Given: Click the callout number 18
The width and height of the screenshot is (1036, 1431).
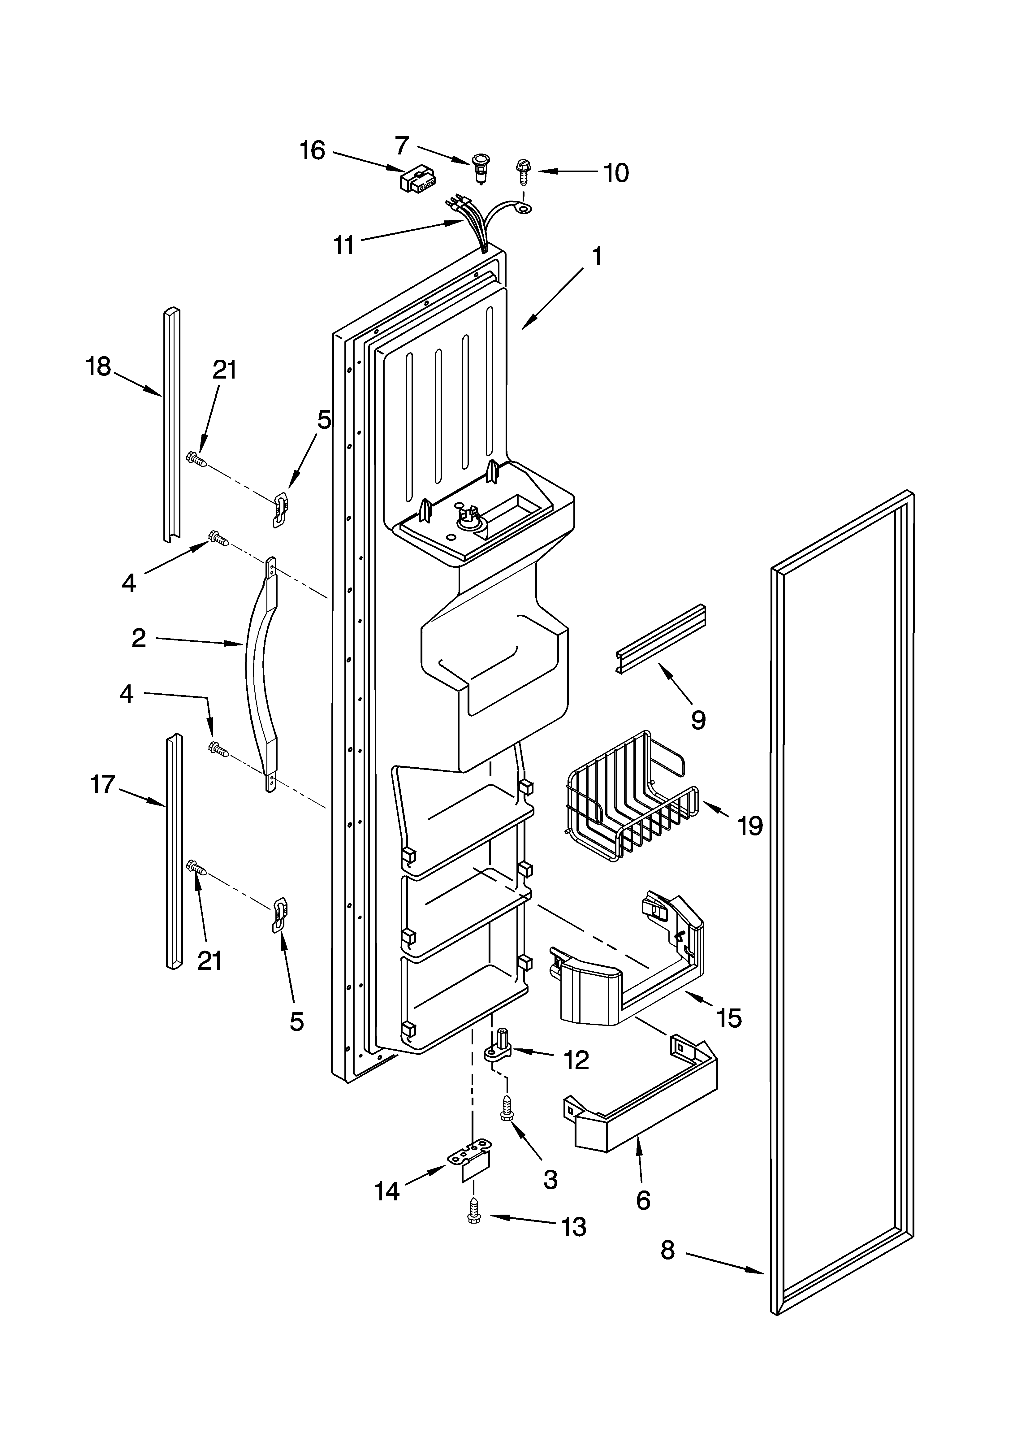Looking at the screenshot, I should [98, 366].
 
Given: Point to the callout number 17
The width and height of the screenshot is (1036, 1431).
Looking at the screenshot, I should [103, 784].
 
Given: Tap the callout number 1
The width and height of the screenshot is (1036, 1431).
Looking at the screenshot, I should [596, 257].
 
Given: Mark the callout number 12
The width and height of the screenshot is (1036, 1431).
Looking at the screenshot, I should [576, 1060].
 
